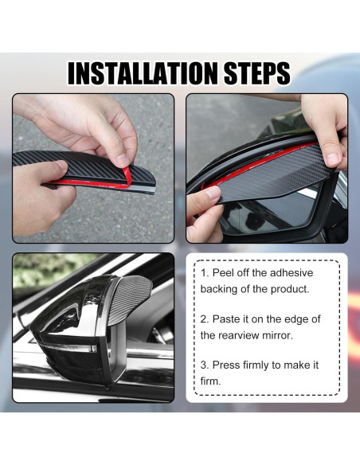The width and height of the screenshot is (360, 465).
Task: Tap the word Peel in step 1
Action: pos(226,273)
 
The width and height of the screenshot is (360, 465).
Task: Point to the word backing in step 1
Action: pos(219,289)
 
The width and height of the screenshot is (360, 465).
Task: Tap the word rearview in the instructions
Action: pos(240,335)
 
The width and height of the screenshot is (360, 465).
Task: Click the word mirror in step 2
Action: pos(282,335)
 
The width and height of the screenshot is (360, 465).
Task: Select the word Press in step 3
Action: pos(229,365)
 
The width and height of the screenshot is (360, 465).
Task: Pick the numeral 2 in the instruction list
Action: pos(204,318)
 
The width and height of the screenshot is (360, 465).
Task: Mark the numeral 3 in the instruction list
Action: pos(204,365)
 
